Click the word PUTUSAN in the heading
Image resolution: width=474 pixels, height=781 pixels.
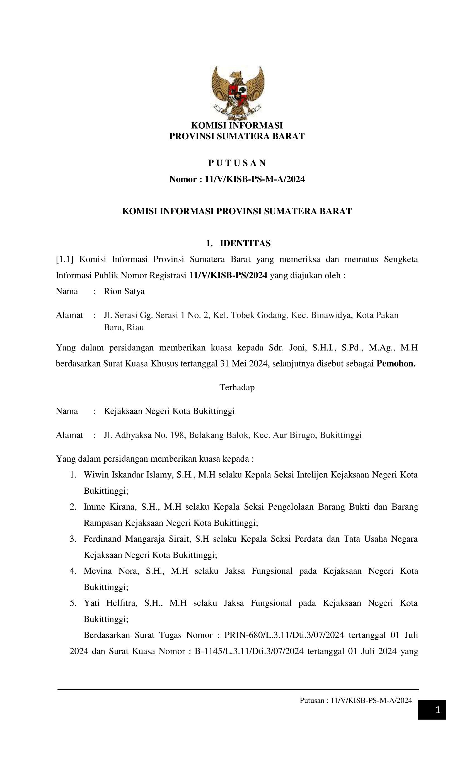click(x=237, y=163)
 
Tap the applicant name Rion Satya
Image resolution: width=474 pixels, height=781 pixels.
click(x=124, y=291)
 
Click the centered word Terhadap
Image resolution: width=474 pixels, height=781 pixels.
click(x=237, y=387)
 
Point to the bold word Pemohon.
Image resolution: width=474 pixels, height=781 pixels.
click(x=396, y=363)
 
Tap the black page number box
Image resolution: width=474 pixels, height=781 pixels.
click(x=432, y=710)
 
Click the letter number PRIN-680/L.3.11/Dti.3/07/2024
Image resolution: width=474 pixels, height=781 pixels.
click(x=284, y=635)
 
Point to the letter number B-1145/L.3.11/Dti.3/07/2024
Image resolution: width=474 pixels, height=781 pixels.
click(x=249, y=651)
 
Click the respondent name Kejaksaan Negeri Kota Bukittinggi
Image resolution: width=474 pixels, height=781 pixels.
click(x=169, y=411)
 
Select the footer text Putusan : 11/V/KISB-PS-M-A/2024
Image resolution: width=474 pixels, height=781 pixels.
click(x=355, y=700)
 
